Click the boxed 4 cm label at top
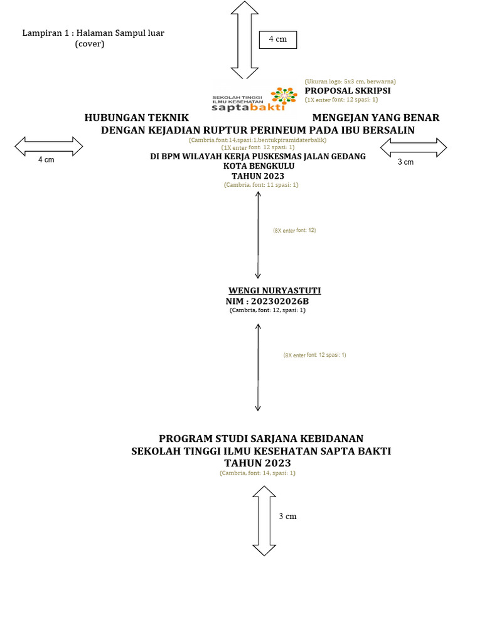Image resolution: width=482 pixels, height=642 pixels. click(277, 39)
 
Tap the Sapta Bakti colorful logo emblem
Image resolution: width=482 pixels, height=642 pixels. click(284, 95)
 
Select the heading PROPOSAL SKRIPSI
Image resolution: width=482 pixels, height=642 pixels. click(348, 91)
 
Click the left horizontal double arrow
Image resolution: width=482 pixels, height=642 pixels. click(49, 147)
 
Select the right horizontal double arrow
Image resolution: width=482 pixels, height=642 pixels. click(414, 148)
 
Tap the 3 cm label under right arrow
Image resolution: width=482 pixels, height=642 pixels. click(406, 162)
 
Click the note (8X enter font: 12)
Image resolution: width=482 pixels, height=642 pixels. click(294, 231)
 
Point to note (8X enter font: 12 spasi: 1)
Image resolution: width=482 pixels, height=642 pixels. click(314, 355)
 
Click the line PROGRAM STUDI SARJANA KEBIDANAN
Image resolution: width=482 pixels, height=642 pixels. click(261, 438)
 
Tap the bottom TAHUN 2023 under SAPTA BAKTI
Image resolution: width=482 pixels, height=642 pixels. click(257, 463)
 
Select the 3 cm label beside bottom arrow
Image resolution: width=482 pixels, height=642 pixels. click(287, 517)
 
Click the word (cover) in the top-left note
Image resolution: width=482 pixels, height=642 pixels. click(90, 44)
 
